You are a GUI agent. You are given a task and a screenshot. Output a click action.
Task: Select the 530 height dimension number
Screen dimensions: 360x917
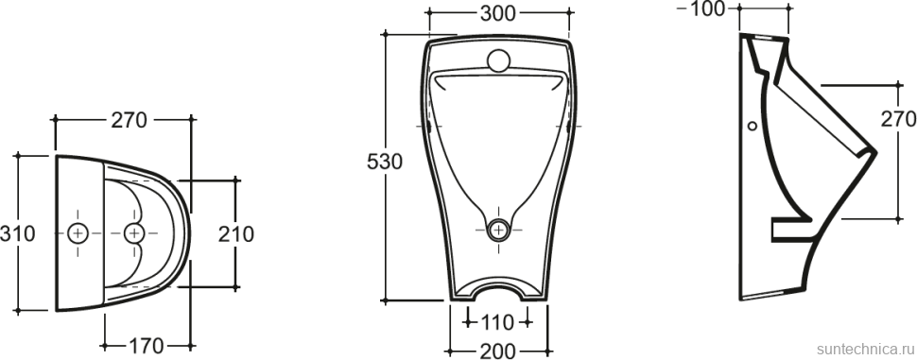(x=385, y=163)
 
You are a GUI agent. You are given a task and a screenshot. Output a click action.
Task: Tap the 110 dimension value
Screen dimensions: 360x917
(x=497, y=321)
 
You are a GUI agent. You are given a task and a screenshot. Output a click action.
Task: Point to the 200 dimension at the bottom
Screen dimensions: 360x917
(x=497, y=351)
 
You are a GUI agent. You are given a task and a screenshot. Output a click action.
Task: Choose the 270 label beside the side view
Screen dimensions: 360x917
(x=897, y=120)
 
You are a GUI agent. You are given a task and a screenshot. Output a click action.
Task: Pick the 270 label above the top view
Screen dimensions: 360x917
(x=129, y=121)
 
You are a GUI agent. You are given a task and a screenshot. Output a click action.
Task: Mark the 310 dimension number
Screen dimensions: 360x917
(x=18, y=232)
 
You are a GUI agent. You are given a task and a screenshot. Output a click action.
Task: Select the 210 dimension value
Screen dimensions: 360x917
(x=235, y=232)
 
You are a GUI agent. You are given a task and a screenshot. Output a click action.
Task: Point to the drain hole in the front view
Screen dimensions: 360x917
(x=498, y=229)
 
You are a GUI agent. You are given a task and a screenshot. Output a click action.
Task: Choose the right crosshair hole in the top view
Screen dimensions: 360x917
(x=135, y=231)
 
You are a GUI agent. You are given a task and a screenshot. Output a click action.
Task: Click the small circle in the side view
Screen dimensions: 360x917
(x=753, y=126)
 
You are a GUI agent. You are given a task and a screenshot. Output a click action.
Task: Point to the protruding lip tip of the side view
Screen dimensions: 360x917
(x=875, y=151)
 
